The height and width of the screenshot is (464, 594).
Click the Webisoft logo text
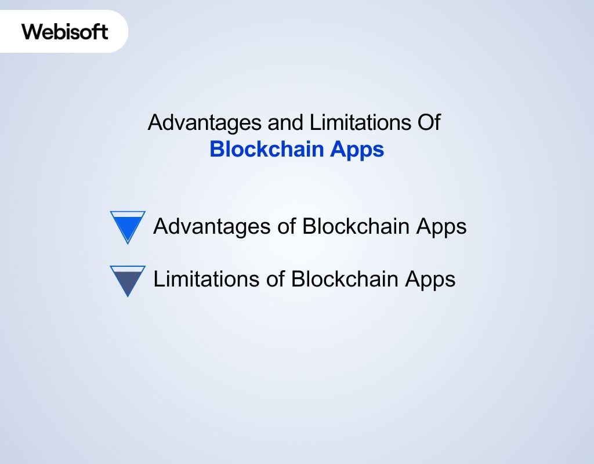pos(65,31)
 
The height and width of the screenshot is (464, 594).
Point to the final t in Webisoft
pos(104,31)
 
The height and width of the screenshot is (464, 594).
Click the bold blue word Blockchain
pos(266,149)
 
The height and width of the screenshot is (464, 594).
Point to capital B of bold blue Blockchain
pos(216,149)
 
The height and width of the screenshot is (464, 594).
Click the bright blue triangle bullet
pos(127,225)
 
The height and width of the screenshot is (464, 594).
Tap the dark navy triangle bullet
pos(127,280)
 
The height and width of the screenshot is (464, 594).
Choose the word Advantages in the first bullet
pos(211,226)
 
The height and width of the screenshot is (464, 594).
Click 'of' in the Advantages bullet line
pos(287,226)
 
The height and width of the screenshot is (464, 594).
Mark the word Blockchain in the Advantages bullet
pos(357,226)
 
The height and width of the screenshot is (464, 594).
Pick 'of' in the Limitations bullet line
pos(276,280)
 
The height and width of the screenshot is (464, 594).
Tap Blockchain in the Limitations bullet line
pos(346,280)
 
